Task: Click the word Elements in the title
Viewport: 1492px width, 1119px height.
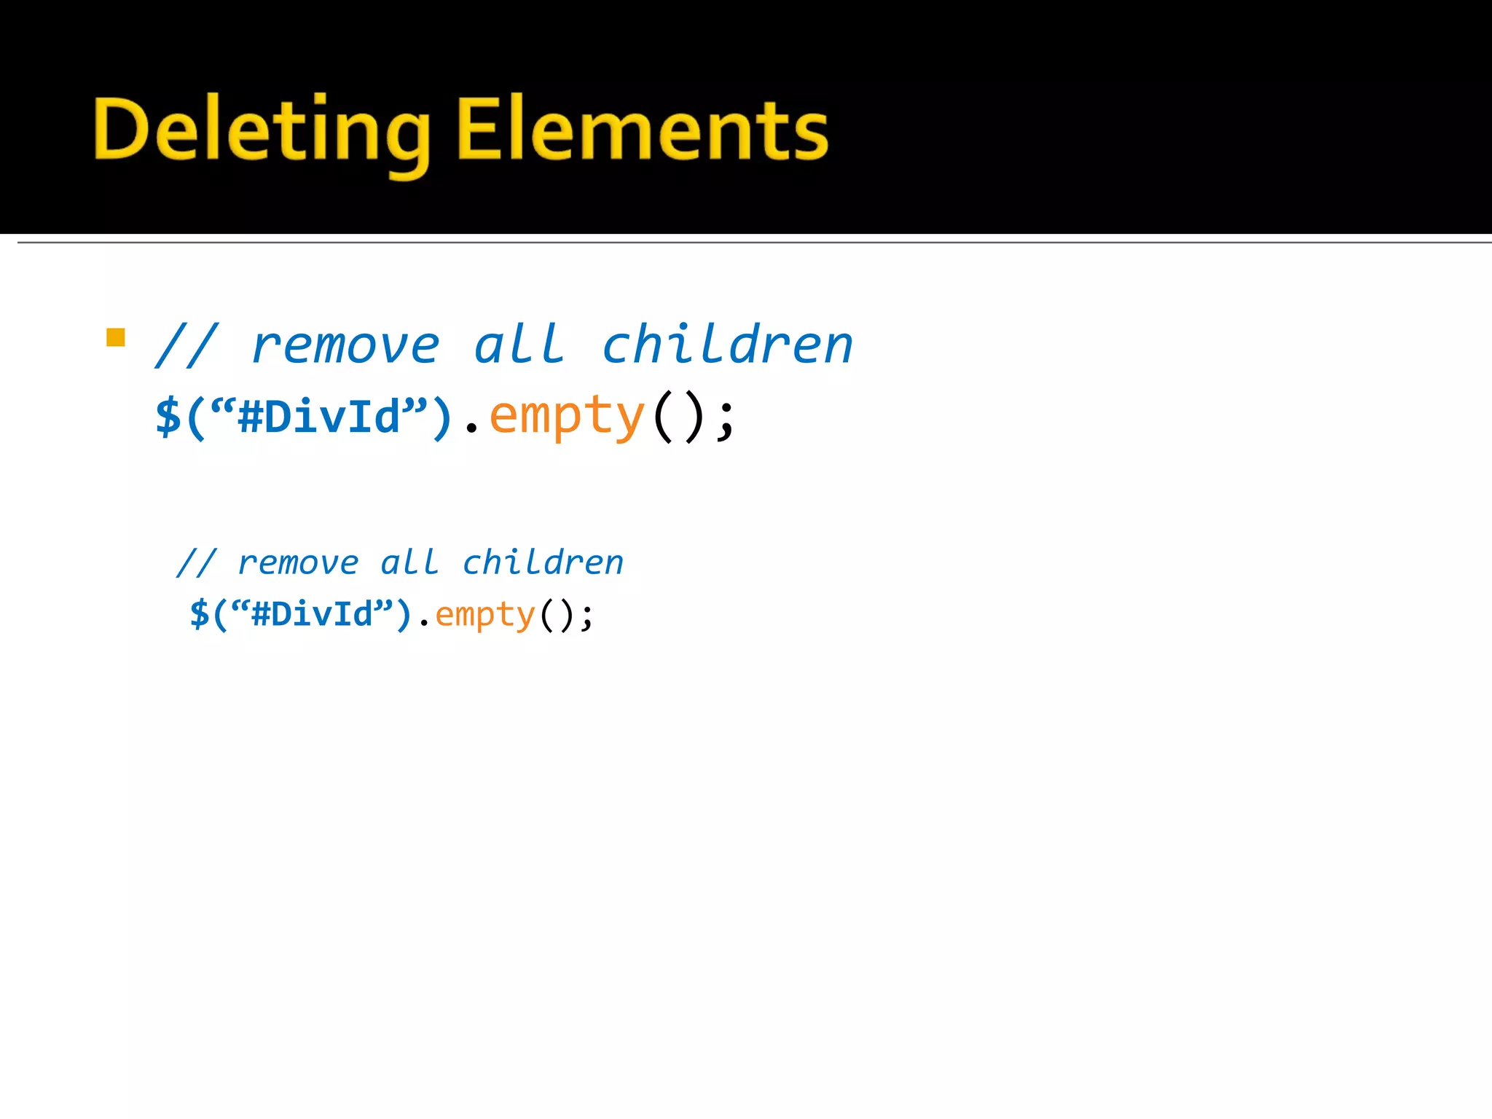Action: pyautogui.click(x=643, y=131)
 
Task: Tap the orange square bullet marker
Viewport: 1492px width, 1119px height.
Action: pyautogui.click(x=115, y=337)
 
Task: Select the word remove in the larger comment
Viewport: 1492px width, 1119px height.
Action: pyautogui.click(x=345, y=345)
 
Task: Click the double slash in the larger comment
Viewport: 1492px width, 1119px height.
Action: pyautogui.click(x=186, y=345)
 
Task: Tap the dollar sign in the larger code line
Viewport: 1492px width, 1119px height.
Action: pyautogui.click(x=168, y=417)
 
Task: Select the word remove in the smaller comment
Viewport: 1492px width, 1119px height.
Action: pyautogui.click(x=299, y=563)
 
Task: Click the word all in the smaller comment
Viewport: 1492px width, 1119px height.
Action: pyautogui.click(x=409, y=562)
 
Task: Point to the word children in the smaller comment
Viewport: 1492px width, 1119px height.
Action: pyautogui.click(x=543, y=562)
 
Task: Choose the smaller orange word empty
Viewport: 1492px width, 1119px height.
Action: pyautogui.click(x=485, y=615)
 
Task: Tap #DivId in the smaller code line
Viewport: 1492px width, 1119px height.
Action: pyautogui.click(x=312, y=614)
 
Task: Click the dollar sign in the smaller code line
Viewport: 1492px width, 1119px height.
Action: pyautogui.click(x=199, y=614)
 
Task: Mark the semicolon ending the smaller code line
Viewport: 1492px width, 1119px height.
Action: pyautogui.click(x=586, y=617)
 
